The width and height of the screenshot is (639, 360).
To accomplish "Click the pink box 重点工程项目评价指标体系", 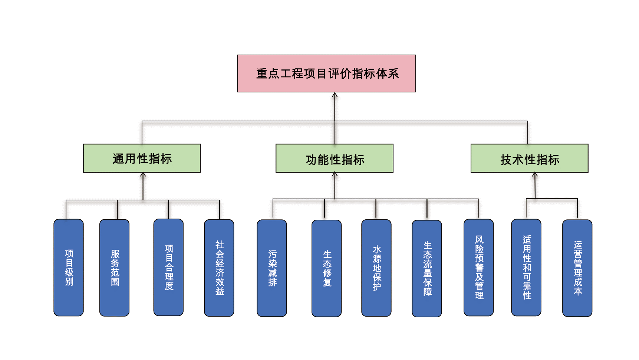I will pos(326,73).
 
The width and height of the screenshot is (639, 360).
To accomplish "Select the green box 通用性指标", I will pos(142,158).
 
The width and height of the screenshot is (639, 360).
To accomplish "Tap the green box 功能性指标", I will pos(335,158).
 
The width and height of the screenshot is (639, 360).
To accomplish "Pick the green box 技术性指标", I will pos(529,158).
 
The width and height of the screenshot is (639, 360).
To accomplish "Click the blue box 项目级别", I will pos(69,268).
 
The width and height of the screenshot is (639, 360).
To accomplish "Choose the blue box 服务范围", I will pos(115,268).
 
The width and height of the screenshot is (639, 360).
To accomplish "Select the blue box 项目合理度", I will pos(169,267).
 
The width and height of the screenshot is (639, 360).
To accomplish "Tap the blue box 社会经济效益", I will pos(219,268).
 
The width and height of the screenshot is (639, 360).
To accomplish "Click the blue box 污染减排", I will pos(272,268).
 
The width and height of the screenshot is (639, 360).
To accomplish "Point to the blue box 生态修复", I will pos(327,268).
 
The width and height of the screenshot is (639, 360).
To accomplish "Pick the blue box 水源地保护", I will pos(376,268).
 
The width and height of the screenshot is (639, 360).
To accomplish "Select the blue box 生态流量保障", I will pos(427,268).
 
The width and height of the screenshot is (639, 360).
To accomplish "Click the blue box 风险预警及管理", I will pos(479,268).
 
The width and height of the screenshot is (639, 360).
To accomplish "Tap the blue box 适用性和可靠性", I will pos(526,268).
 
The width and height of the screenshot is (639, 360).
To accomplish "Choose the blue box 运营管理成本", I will pos(577,268).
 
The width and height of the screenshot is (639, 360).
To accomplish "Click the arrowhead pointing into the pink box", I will pos(335,95).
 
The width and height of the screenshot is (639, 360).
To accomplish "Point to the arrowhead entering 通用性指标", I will pos(143,175).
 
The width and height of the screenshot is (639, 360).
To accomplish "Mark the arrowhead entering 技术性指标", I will pos(535,175).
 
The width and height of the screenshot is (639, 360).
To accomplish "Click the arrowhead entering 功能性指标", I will pos(335,174).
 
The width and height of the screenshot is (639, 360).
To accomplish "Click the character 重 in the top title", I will pos(262,73).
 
